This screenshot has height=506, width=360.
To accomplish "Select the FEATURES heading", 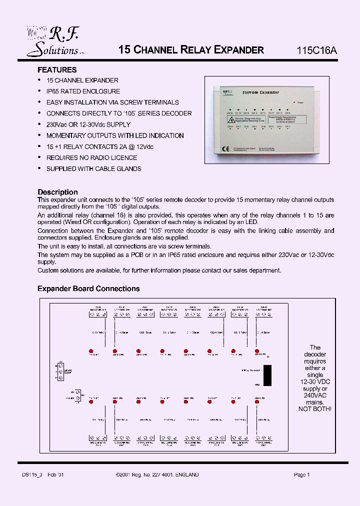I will [x=57, y=70].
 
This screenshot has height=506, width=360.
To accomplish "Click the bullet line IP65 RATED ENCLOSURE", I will [x=83, y=91].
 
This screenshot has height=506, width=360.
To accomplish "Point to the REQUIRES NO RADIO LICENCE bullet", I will [x=91, y=157].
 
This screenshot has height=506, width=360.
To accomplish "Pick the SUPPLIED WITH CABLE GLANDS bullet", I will [x=93, y=168].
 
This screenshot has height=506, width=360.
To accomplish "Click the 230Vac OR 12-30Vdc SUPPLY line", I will [x=88, y=124].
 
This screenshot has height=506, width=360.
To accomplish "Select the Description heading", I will [x=57, y=192].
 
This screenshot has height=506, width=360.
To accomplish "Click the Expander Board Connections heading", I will [x=88, y=288].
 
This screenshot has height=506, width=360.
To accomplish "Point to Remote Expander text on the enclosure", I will [x=260, y=92].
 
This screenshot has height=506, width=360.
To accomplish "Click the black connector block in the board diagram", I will [x=267, y=375].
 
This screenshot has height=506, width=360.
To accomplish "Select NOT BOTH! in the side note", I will [x=314, y=409].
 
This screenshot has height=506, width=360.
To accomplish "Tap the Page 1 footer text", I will [x=302, y=475].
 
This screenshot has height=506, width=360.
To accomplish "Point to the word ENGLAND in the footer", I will [x=186, y=475].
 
